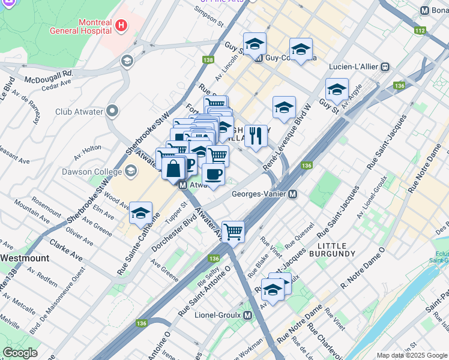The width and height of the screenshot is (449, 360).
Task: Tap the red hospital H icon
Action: point(121,25)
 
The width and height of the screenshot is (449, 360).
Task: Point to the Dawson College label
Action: point(88,172)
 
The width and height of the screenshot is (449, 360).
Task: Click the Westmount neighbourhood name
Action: point(25,257)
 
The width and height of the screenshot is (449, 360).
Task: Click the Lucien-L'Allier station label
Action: point(353,67)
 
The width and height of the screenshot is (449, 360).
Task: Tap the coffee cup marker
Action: point(213,175)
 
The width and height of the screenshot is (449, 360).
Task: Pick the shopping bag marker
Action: point(173,169)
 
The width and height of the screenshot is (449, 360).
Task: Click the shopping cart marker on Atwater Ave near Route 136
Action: point(233,231)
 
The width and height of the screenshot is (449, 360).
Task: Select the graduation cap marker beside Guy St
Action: point(337,89)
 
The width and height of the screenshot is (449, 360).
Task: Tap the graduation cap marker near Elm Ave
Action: point(141,213)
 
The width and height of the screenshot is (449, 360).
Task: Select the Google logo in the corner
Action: point(19,353)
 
